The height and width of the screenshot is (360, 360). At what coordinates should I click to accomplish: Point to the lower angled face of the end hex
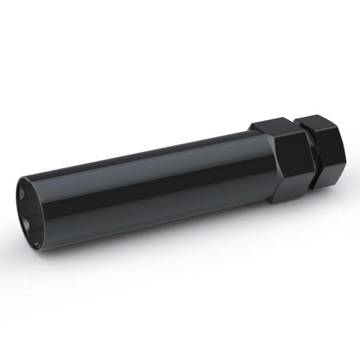pos(328,178)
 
